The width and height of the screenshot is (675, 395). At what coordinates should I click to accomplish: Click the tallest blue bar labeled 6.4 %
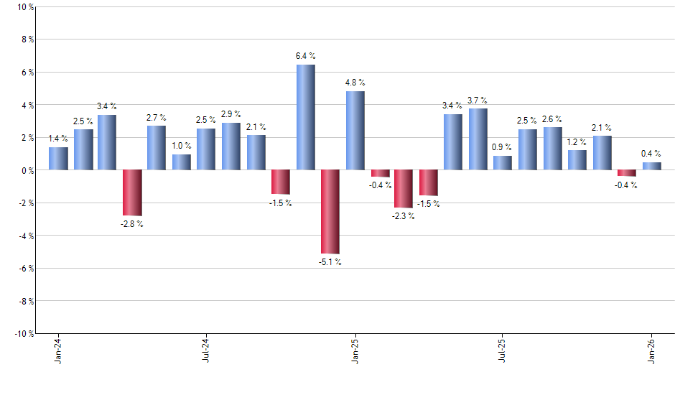point(305,117)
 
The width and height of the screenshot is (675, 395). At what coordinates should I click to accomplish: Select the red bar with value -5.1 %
point(330,212)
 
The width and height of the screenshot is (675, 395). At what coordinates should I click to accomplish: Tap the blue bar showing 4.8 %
point(355,131)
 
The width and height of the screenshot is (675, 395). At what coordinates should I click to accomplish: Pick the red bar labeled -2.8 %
point(132,192)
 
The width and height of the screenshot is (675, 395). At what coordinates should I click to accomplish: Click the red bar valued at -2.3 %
point(404,189)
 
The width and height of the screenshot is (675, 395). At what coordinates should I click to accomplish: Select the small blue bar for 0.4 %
point(651,167)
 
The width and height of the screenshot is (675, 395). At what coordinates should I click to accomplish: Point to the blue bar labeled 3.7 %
point(478,139)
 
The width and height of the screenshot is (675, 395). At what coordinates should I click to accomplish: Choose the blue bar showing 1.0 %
point(182,162)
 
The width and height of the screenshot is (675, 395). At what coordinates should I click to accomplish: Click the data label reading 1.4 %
point(58,138)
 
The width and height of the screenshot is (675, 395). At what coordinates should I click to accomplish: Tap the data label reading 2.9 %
point(231,114)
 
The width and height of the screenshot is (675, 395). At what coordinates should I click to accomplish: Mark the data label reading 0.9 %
point(503,147)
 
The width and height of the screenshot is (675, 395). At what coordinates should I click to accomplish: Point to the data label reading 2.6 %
point(552,119)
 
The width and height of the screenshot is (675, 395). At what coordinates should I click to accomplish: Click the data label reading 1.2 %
point(577,141)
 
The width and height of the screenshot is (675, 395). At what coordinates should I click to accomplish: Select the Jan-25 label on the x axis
point(355,352)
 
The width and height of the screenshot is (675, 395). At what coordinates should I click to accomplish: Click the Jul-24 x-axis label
point(206,352)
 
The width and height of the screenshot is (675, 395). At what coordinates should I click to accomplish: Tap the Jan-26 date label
point(651,352)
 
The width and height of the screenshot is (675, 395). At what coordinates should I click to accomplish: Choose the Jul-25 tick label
point(503,352)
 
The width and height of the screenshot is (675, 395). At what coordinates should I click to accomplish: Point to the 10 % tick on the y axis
point(25,7)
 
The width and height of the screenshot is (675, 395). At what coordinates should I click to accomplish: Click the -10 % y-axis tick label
point(24,334)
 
